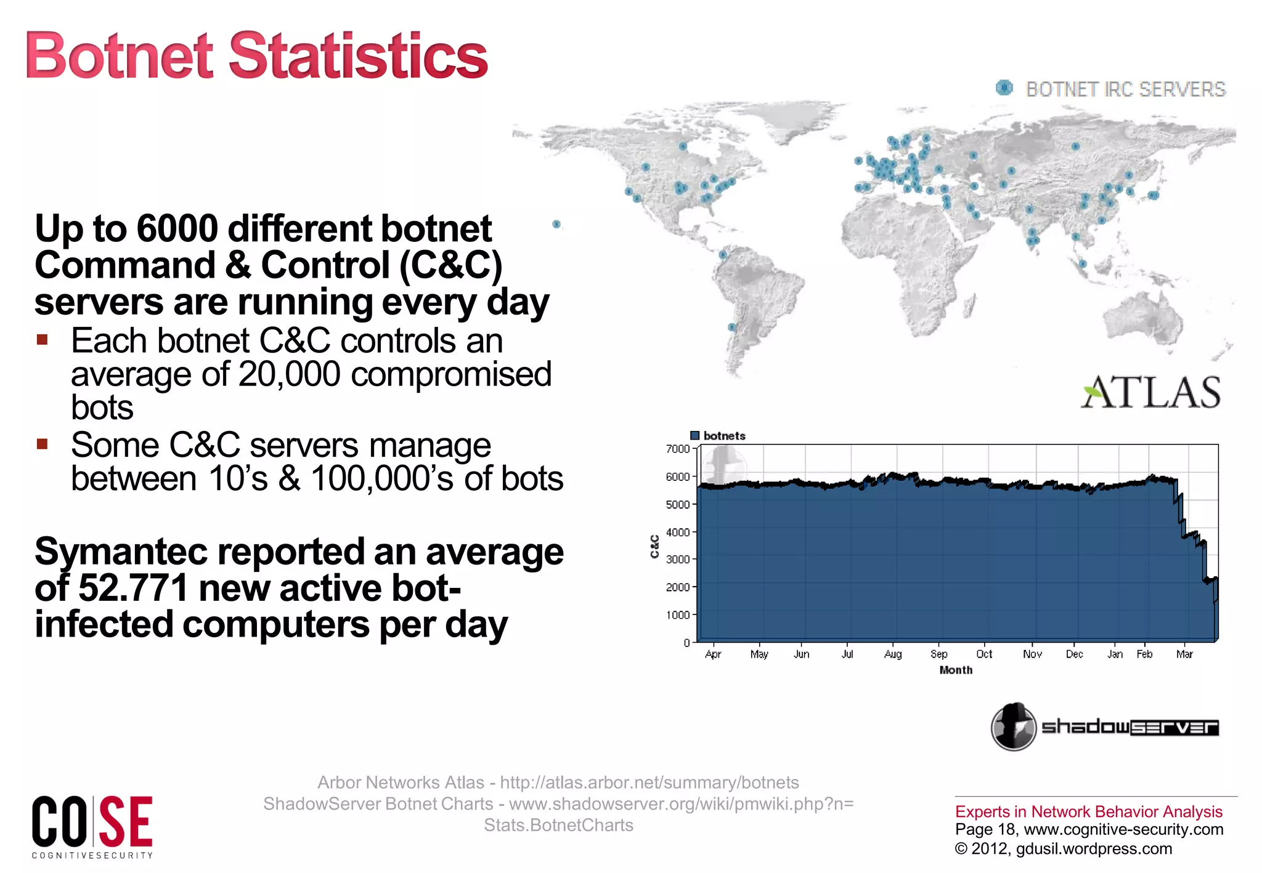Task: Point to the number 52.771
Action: point(133,588)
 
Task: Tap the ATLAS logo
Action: point(1150,392)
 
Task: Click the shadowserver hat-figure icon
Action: point(1014,727)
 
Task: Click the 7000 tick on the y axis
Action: point(678,449)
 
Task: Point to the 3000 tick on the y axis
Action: point(678,560)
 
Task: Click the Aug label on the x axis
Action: point(893,654)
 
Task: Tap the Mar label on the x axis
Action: point(1184,654)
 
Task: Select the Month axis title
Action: point(956,670)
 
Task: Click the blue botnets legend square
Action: point(695,436)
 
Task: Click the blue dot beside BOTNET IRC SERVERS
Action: point(1004,88)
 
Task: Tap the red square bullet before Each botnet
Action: point(42,340)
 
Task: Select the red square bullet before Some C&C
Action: point(42,444)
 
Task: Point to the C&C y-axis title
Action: point(655,546)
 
